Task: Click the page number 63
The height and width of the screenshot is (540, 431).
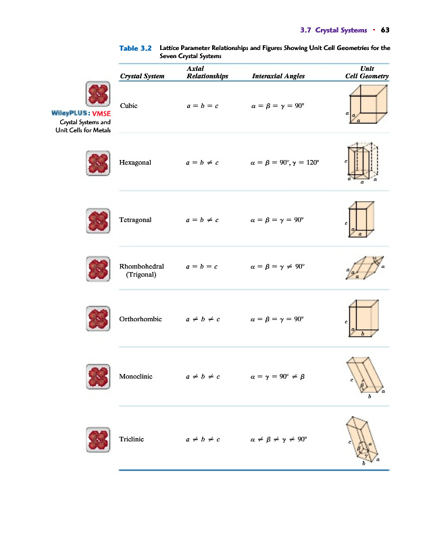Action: pos(385,30)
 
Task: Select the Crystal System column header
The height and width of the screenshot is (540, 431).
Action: pos(142,76)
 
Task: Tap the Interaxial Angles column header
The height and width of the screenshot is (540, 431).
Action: pos(278,76)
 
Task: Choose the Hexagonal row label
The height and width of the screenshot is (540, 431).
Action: pos(135,163)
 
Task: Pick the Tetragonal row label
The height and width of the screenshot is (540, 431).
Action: pos(135,220)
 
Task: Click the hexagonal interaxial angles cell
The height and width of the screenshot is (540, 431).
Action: pos(284,163)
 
